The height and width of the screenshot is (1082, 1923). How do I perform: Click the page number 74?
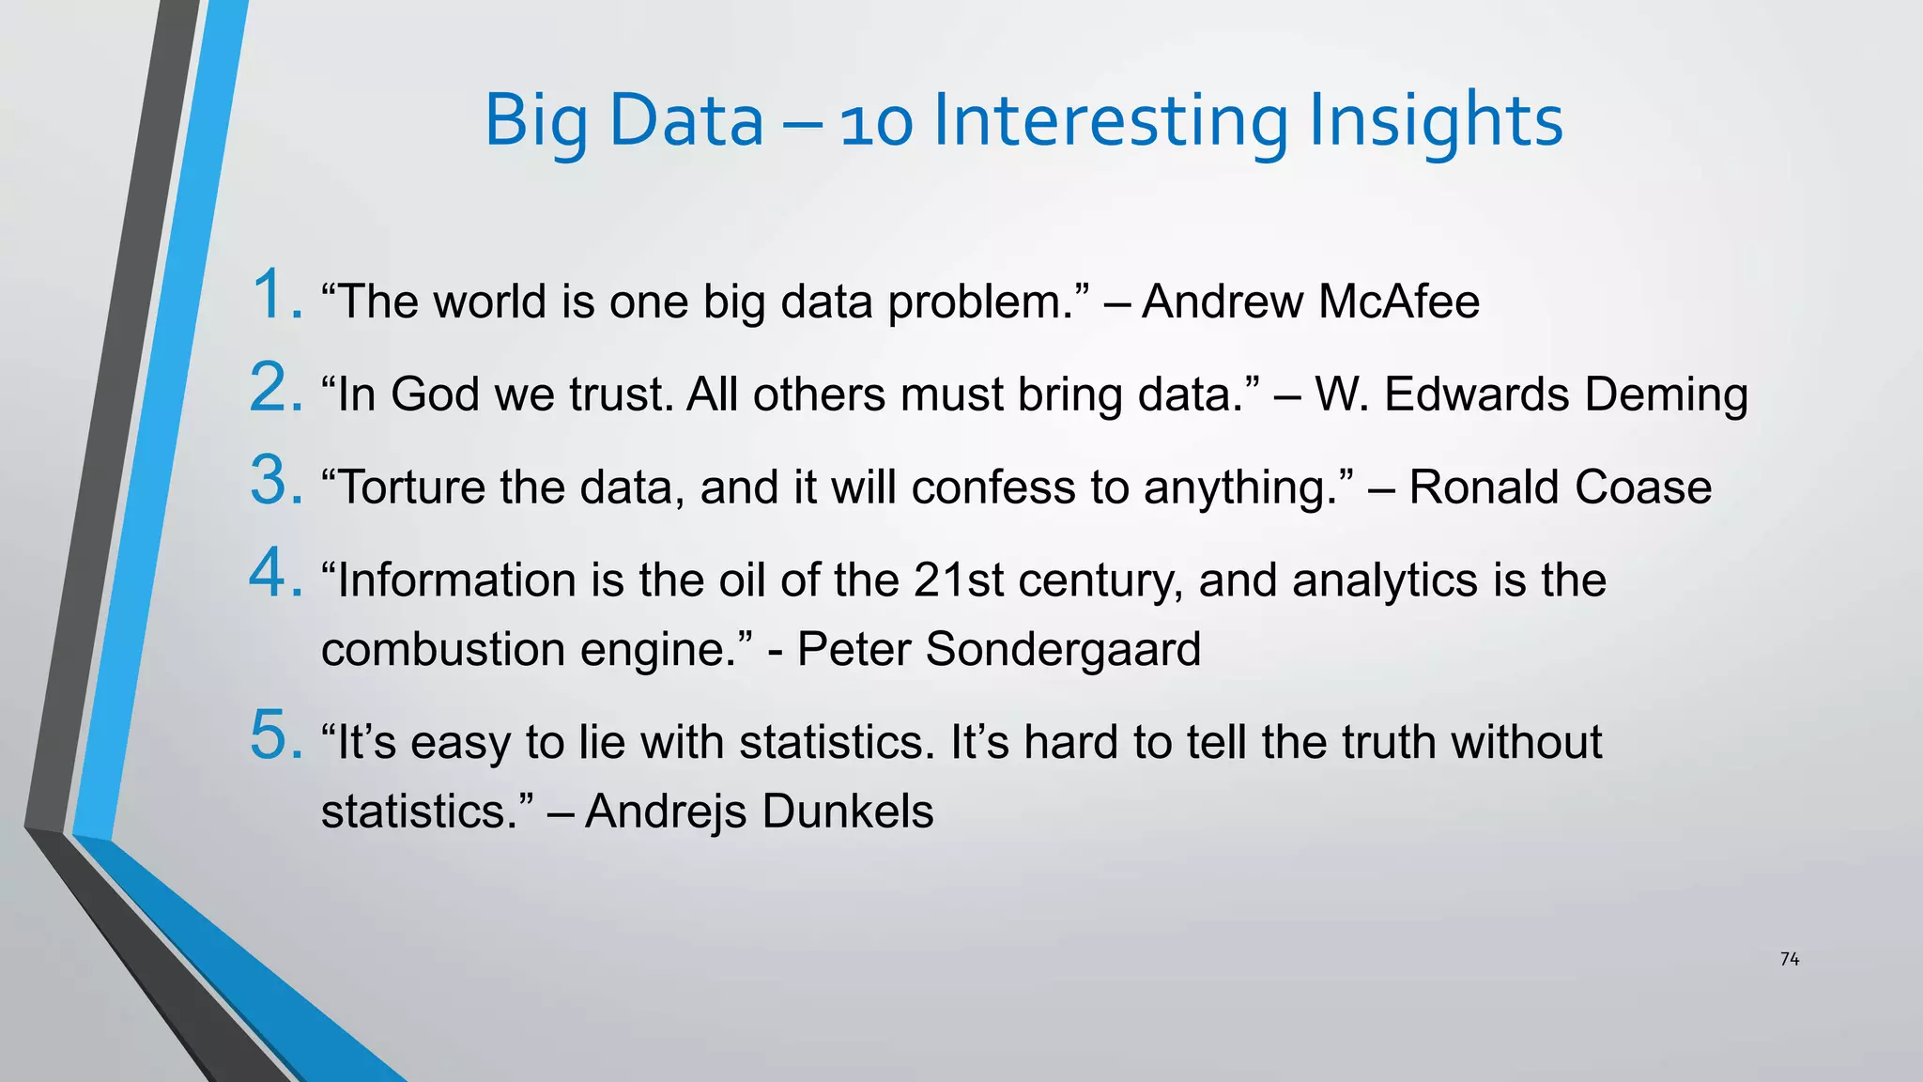(1790, 959)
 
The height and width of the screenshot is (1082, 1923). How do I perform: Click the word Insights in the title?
(1435, 121)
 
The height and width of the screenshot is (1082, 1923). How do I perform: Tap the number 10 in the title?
(876, 123)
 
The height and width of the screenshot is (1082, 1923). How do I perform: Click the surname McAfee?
(1399, 301)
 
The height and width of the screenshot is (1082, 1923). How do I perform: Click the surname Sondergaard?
(1063, 649)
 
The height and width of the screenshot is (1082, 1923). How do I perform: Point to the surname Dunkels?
(847, 811)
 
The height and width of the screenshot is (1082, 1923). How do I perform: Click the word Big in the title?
(535, 122)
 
